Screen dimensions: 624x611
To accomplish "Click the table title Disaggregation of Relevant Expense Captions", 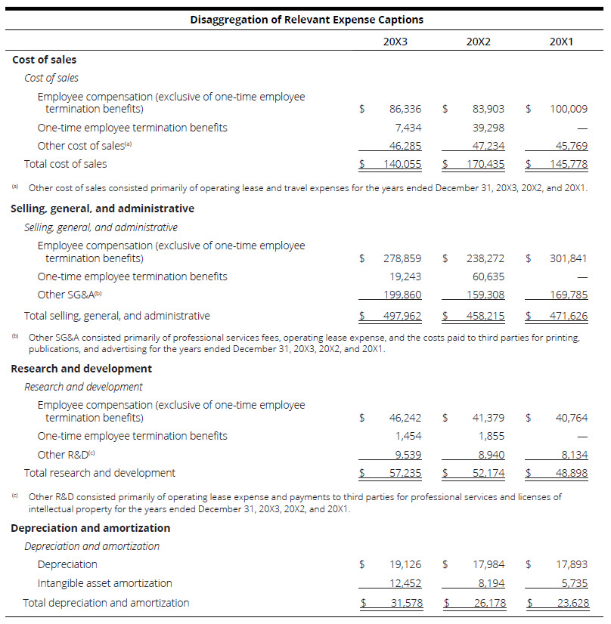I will tap(306, 20).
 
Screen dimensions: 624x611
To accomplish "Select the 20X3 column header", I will tap(395, 42).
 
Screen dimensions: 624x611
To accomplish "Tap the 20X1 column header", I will tap(561, 42).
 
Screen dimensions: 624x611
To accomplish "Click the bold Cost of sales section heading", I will tap(45, 60).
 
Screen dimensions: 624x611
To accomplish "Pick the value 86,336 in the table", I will tap(405, 109).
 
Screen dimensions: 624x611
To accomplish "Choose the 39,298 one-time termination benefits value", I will tap(488, 128).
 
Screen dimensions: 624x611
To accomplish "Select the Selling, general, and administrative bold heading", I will tap(102, 209).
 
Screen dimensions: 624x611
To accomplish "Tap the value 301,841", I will tap(568, 258).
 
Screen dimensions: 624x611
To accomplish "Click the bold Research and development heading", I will tap(81, 369).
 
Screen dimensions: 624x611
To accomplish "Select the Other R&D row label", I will tap(67, 454).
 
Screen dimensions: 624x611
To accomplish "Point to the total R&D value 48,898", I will tap(571, 473).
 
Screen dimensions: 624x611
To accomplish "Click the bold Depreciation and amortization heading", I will tap(90, 528).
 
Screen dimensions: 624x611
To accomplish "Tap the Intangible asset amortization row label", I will tap(104, 583).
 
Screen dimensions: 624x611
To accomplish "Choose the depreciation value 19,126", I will tap(405, 564).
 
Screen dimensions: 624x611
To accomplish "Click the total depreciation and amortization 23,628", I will tap(571, 603).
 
